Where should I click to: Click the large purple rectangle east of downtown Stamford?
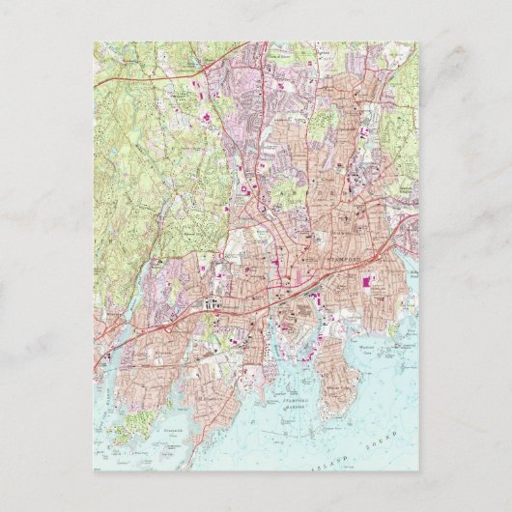[366, 282]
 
